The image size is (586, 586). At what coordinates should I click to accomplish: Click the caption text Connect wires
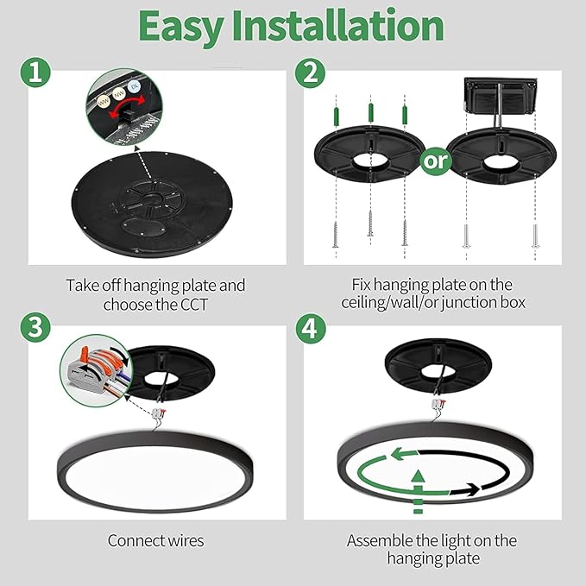coord(155,541)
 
